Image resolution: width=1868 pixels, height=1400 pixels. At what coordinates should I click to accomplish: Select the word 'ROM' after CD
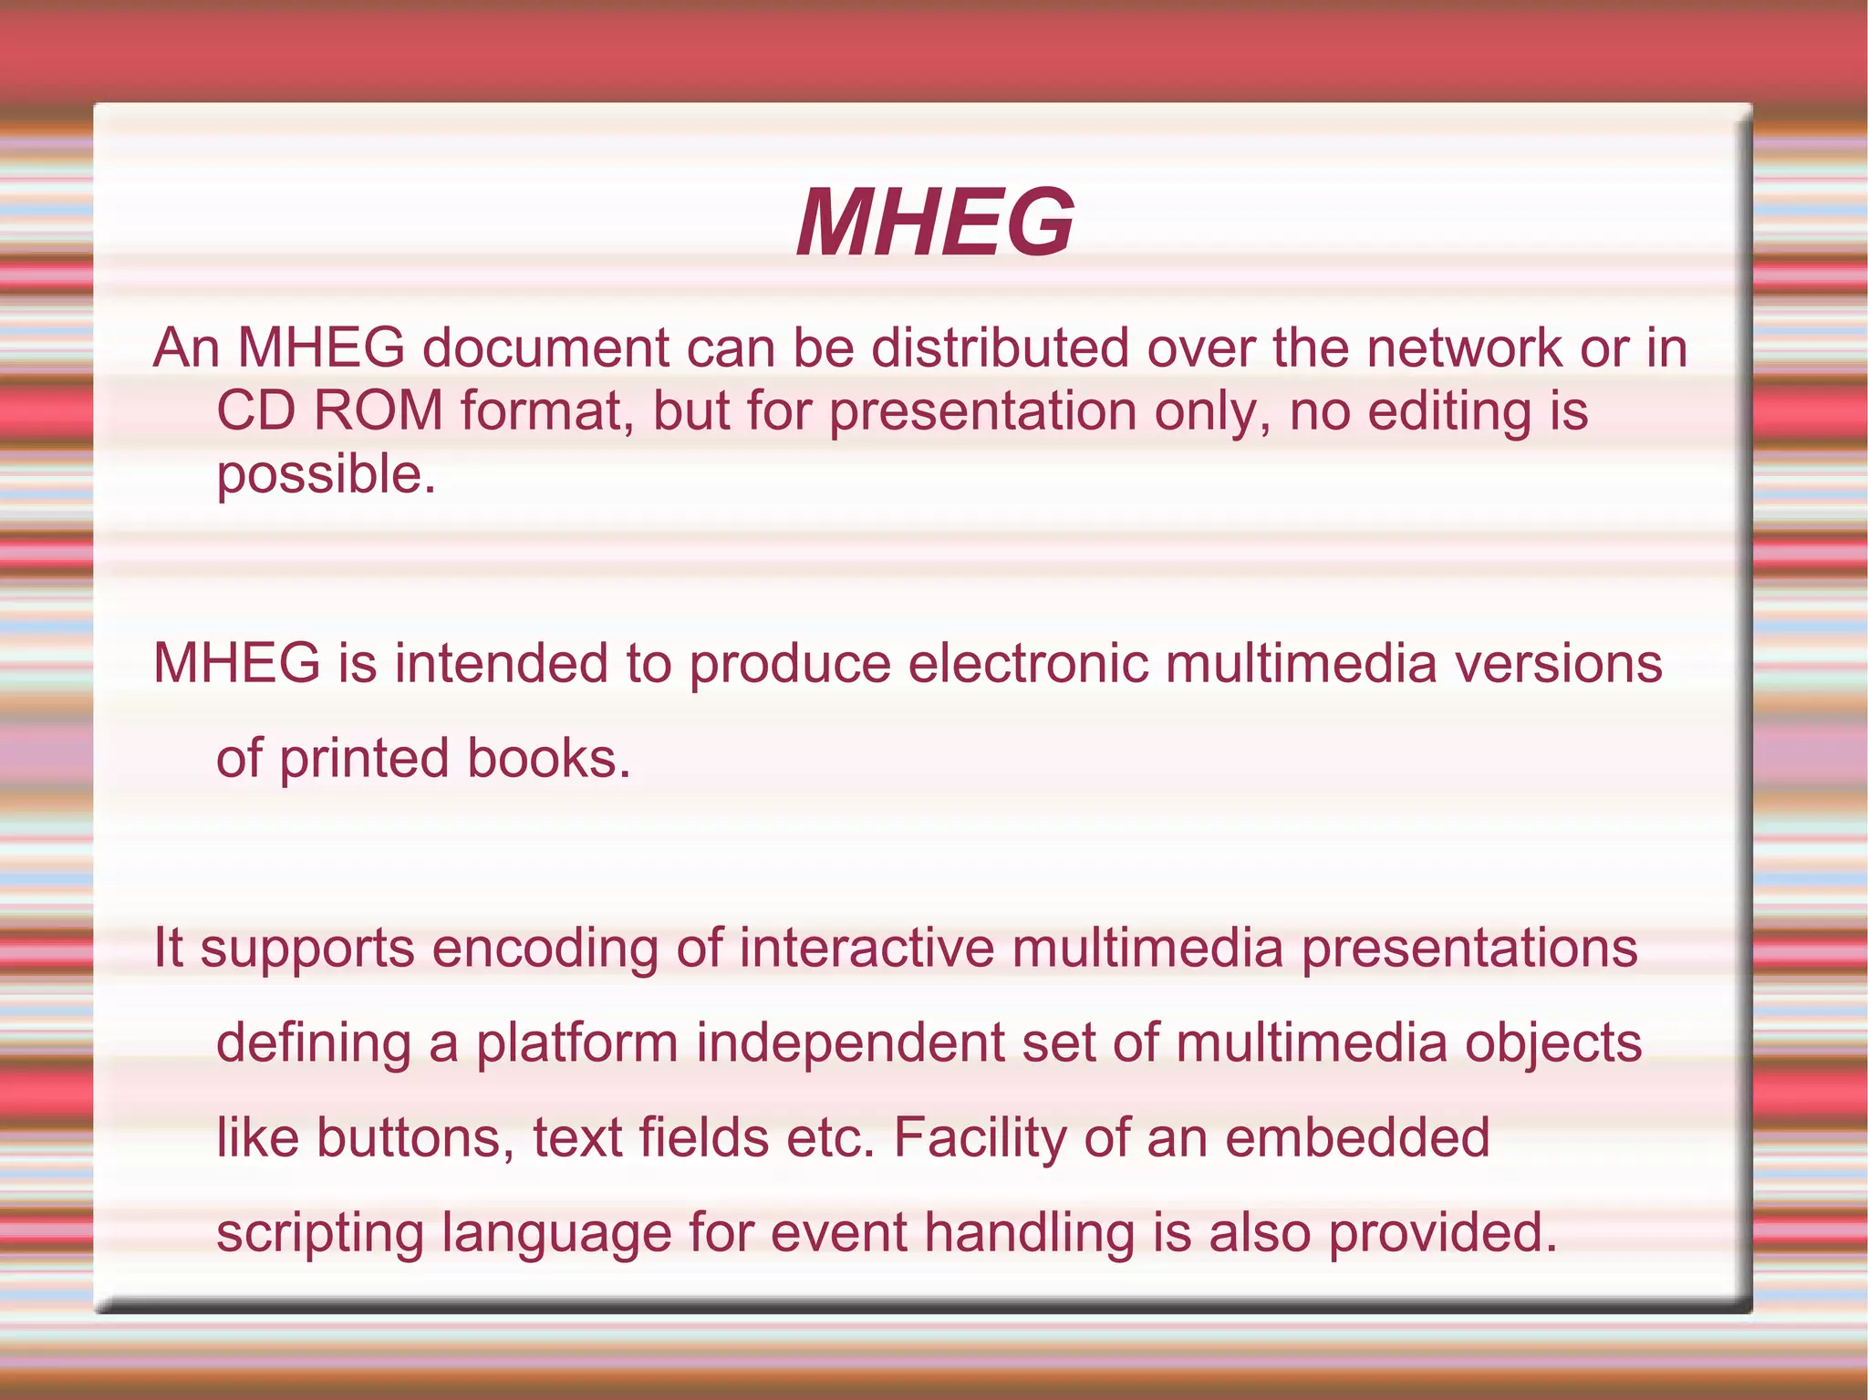point(378,411)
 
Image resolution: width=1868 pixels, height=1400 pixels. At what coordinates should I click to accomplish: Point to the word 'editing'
point(1449,412)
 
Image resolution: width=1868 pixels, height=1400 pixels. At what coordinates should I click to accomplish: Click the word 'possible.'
point(327,476)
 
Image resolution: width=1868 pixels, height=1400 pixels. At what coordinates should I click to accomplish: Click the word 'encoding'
point(545,949)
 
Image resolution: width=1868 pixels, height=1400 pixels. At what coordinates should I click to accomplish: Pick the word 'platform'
point(577,1043)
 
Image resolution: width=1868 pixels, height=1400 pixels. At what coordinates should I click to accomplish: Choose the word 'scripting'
point(320,1233)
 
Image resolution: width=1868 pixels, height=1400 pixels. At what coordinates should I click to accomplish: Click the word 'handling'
point(1030,1233)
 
